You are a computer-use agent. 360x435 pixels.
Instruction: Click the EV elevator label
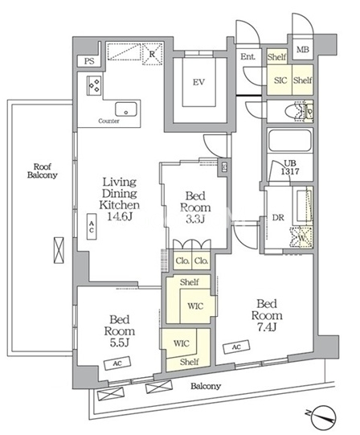(x=198, y=82)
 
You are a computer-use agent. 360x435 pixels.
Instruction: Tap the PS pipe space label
(x=89, y=61)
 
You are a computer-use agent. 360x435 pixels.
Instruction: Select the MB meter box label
(x=303, y=50)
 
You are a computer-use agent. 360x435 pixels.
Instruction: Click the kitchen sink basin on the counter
(x=126, y=109)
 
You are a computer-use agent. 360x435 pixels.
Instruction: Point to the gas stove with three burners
(x=94, y=85)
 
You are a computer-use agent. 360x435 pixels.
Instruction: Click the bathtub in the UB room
(x=289, y=140)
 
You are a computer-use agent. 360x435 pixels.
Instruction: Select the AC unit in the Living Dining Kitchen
(x=92, y=227)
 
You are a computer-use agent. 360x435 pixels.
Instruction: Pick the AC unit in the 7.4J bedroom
(x=236, y=347)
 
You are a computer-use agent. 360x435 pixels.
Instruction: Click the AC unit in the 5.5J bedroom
(x=117, y=363)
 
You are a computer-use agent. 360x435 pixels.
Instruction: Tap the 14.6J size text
(x=120, y=216)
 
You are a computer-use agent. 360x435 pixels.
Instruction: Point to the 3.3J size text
(x=195, y=220)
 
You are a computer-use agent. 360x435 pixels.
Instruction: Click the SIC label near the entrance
(x=280, y=80)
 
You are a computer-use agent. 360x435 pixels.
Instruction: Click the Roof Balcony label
(x=42, y=170)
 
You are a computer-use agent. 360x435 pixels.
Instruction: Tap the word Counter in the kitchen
(x=108, y=121)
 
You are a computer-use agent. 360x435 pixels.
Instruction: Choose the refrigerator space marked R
(x=152, y=54)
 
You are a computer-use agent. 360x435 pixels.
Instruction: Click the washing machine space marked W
(x=301, y=238)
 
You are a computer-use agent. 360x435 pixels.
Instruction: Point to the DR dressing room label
(x=278, y=218)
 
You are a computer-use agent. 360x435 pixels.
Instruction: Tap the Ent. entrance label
(x=247, y=57)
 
